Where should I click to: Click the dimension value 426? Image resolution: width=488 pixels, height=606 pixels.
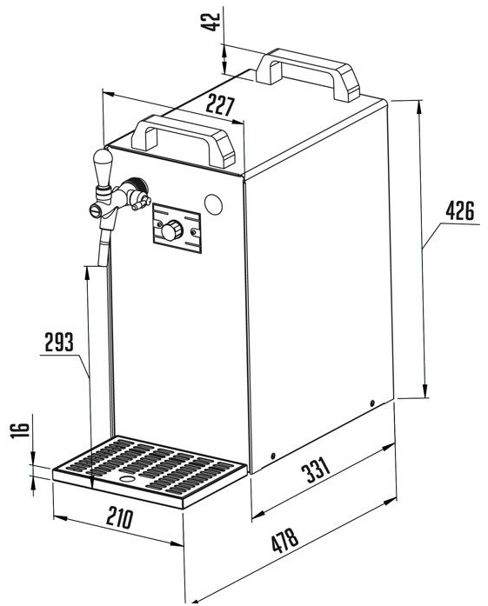(x=460, y=210)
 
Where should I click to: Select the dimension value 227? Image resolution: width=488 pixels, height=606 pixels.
(x=220, y=105)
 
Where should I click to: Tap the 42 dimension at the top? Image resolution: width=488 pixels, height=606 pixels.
(x=211, y=22)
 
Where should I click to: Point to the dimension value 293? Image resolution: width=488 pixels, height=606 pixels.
(x=59, y=342)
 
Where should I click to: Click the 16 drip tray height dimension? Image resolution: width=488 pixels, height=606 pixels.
(x=20, y=430)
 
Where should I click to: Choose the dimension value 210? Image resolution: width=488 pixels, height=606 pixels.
(x=120, y=518)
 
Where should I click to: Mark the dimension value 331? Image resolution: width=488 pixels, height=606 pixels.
(x=316, y=470)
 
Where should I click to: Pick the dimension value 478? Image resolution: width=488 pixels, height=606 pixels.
(x=285, y=539)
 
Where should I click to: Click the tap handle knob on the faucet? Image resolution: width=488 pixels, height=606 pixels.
(x=103, y=167)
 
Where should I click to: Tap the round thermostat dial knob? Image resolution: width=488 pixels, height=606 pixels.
(x=171, y=230)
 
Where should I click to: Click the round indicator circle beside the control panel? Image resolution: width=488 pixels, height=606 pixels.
(x=213, y=203)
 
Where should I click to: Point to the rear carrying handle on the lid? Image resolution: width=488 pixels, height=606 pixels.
(x=308, y=73)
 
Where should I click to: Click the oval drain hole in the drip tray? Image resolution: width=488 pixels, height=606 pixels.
(x=126, y=478)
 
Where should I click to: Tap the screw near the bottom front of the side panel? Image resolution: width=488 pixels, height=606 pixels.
(x=273, y=456)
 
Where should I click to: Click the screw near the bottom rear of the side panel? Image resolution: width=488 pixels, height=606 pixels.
(x=372, y=403)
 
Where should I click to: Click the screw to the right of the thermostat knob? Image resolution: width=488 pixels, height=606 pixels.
(x=194, y=232)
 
